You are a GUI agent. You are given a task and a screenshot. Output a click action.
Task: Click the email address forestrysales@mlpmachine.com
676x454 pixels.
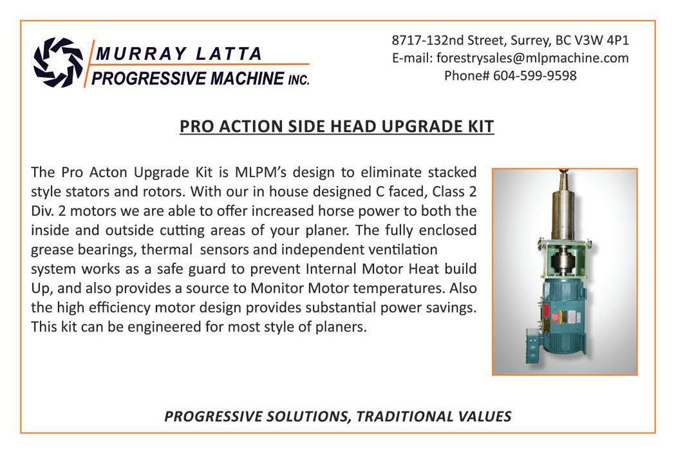click(532, 58)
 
